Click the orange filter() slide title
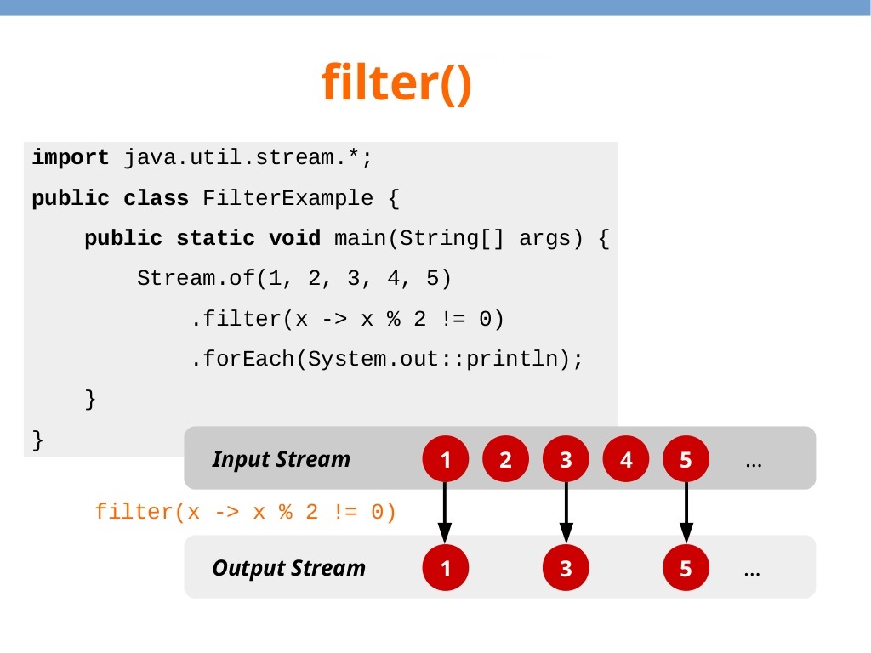[396, 82]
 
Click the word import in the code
[71, 158]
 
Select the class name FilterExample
[287, 199]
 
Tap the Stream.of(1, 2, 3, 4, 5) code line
[293, 278]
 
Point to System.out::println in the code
[438, 359]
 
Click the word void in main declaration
[294, 238]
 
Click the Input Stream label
[281, 459]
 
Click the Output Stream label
[288, 568]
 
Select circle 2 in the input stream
[506, 460]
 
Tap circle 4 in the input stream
[626, 460]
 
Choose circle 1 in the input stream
[445, 460]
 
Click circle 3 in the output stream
[566, 569]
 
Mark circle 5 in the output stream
[686, 569]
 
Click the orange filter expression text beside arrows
[246, 512]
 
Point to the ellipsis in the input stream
[753, 463]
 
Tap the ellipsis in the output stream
[752, 572]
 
